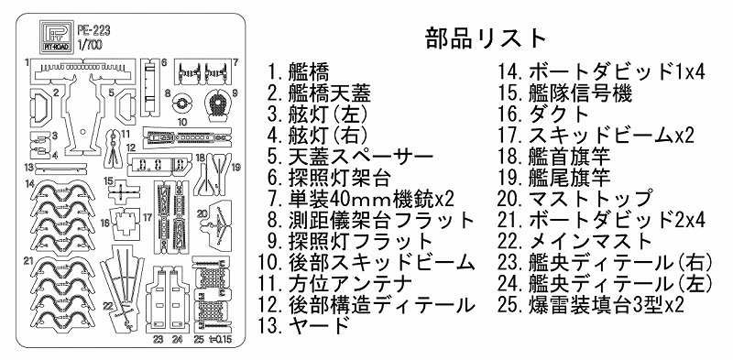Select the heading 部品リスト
(x=486, y=38)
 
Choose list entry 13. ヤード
(x=304, y=324)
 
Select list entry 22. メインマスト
(x=574, y=241)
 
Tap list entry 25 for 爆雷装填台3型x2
(x=591, y=305)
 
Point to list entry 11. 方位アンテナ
(x=335, y=283)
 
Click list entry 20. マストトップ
(x=574, y=199)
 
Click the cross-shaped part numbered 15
(x=124, y=191)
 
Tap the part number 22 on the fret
(x=108, y=306)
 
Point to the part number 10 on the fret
(x=182, y=123)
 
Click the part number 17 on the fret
(x=148, y=217)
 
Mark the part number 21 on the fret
(x=28, y=261)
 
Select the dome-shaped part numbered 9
(x=217, y=103)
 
